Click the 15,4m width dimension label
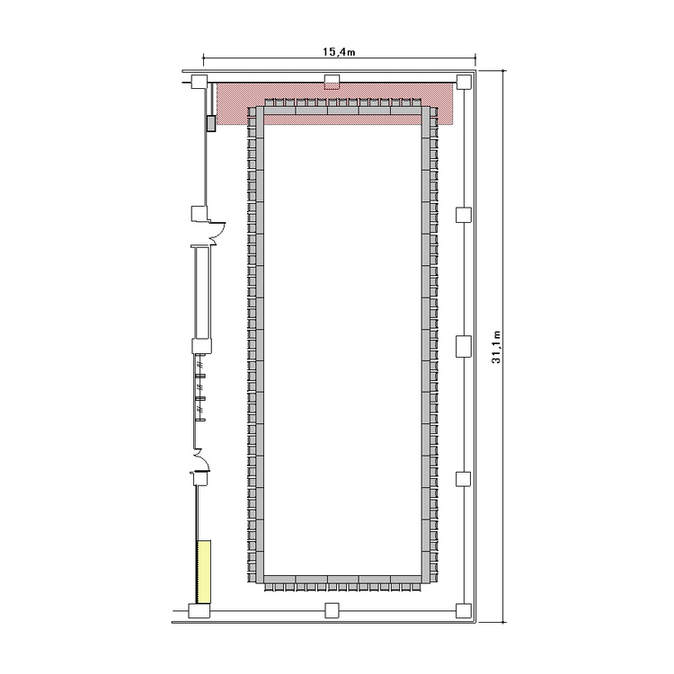(x=339, y=52)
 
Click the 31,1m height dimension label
(x=496, y=347)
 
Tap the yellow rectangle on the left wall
(x=204, y=572)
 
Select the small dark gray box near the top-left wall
(x=211, y=123)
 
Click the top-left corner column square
(x=199, y=82)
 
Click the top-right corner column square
(x=464, y=82)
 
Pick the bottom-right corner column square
(x=464, y=610)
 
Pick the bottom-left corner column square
(x=200, y=610)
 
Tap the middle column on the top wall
(x=332, y=82)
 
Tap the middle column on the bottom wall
(x=332, y=610)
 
